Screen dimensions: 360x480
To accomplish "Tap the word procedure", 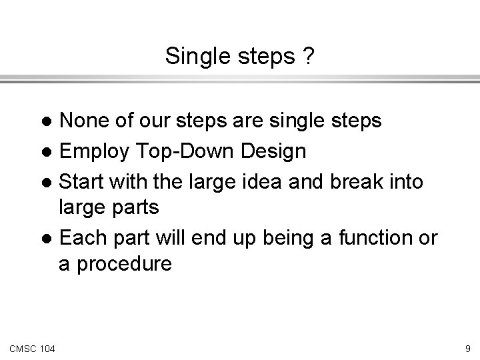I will pos(124,265).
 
